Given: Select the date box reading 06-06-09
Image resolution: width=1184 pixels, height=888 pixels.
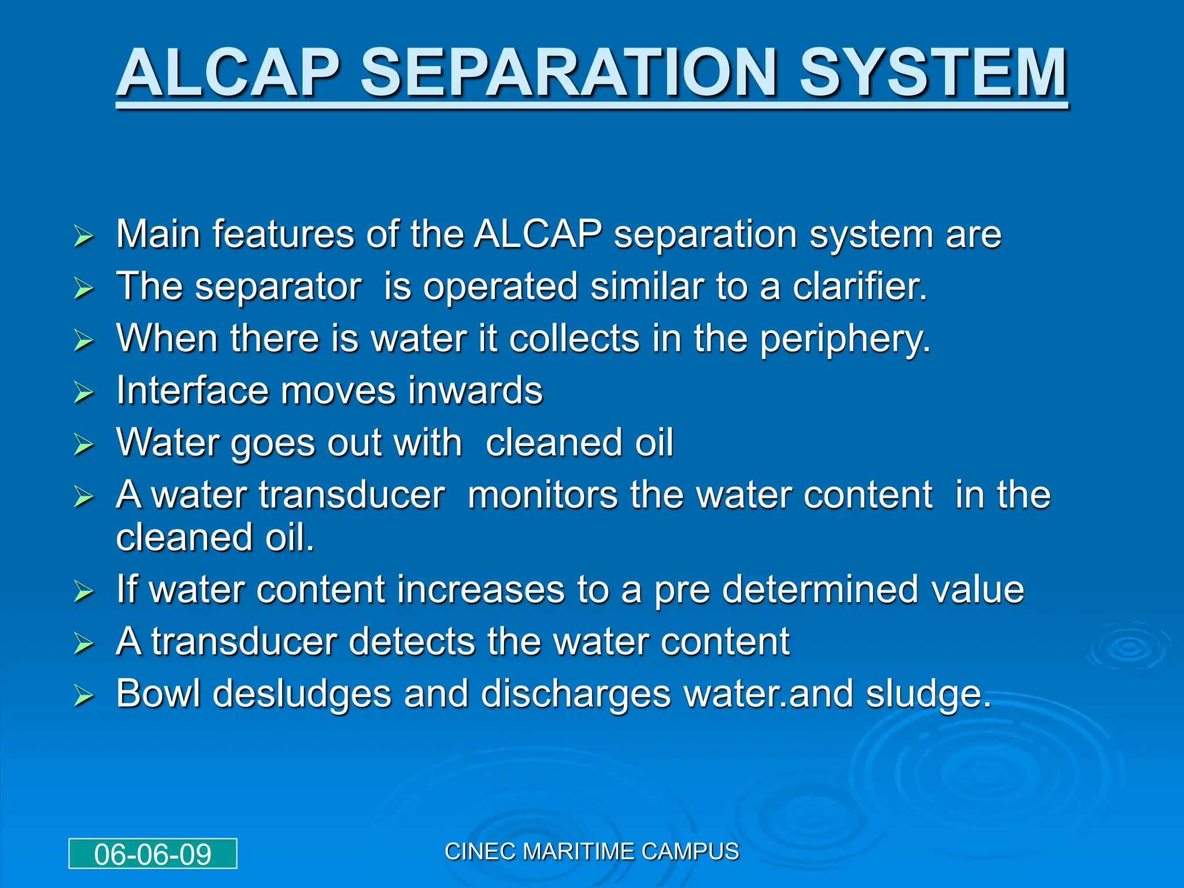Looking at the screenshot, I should (x=153, y=854).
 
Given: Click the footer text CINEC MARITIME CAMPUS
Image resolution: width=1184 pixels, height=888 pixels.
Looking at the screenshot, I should (x=591, y=852).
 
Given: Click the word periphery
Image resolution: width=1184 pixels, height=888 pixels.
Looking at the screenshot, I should (x=845, y=339).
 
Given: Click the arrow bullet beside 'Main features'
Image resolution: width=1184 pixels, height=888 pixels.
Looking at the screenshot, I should (x=84, y=236).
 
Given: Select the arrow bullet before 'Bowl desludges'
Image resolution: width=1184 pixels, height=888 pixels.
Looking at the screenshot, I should (x=84, y=697).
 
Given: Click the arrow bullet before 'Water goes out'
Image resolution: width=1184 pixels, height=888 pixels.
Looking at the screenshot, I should (x=84, y=445).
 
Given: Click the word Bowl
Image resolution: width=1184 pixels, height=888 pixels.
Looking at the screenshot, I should (x=158, y=694).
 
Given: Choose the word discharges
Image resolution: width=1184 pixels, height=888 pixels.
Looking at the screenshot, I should (x=575, y=695).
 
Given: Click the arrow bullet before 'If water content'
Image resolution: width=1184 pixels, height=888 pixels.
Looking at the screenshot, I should (x=84, y=592).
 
